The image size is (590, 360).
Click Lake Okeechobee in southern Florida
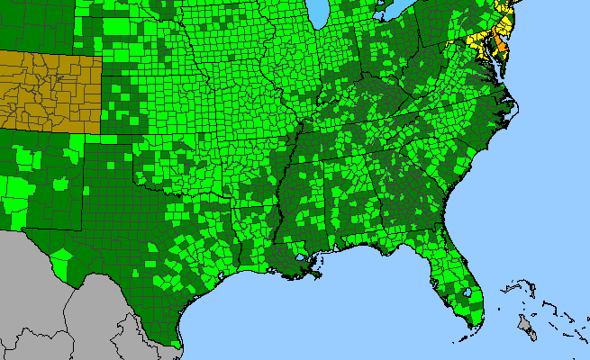[x=465, y=292]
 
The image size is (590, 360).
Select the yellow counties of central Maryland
[x=477, y=40]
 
